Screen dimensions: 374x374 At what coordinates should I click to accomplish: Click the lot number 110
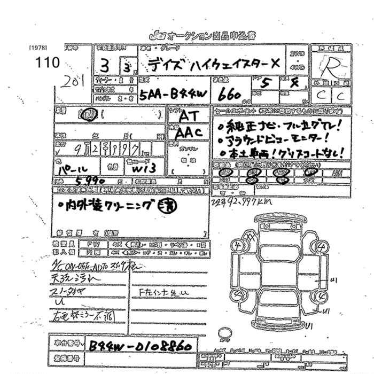tap(48, 62)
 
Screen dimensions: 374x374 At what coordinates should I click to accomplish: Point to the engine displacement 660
tap(230, 95)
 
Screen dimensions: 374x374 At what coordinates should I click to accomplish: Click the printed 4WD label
tap(295, 67)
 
